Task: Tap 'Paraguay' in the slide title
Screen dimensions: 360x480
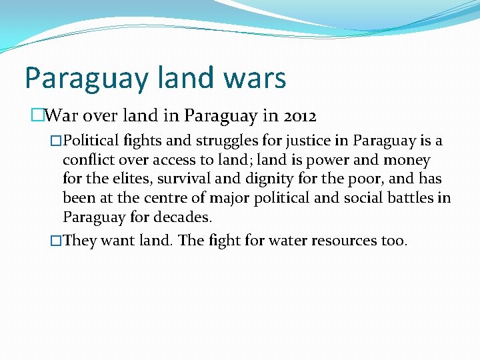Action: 87,79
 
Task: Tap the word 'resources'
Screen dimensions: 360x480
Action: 335,241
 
